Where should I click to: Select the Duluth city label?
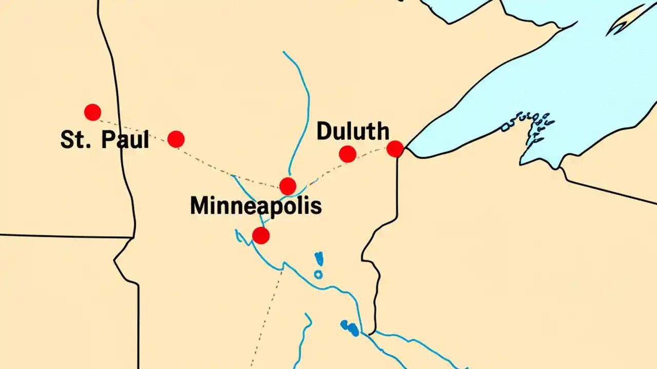[x=353, y=132]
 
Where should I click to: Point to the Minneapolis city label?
[x=256, y=206]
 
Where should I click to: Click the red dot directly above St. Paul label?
[x=92, y=112]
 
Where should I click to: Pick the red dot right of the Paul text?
[x=176, y=139]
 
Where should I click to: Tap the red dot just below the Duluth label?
[x=347, y=154]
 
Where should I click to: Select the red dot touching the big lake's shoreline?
[x=395, y=149]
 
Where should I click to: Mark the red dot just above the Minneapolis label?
[x=287, y=186]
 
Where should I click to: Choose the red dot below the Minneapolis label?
[x=261, y=236]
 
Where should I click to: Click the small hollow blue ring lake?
[x=318, y=275]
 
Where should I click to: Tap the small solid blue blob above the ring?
[x=319, y=258]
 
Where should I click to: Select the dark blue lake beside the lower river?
[x=350, y=328]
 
